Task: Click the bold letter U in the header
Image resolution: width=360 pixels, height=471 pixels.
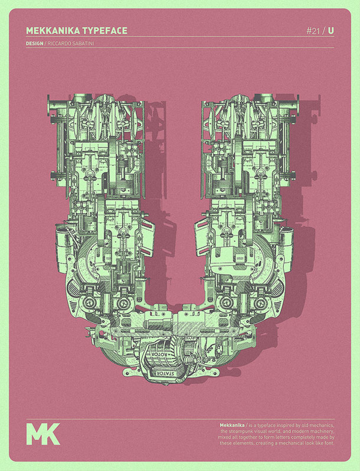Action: [330, 30]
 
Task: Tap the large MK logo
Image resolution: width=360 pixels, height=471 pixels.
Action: [42, 433]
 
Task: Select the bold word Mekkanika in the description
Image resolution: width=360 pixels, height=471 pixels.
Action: [231, 426]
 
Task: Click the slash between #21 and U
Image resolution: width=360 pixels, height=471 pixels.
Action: [323, 30]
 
